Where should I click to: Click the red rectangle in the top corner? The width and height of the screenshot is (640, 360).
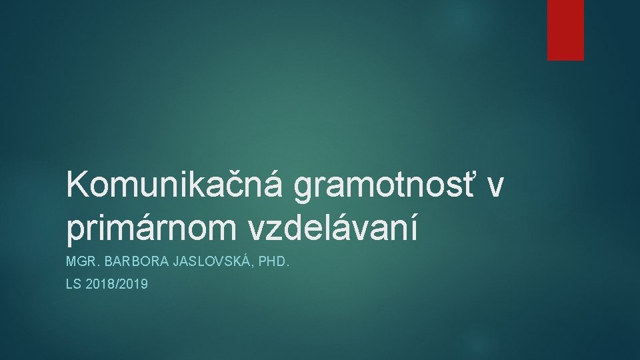pos(565,29)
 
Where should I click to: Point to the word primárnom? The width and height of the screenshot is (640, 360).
pos(153,228)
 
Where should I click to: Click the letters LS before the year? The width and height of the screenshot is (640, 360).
pos(73,285)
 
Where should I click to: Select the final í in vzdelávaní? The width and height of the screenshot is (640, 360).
pos(415,227)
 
